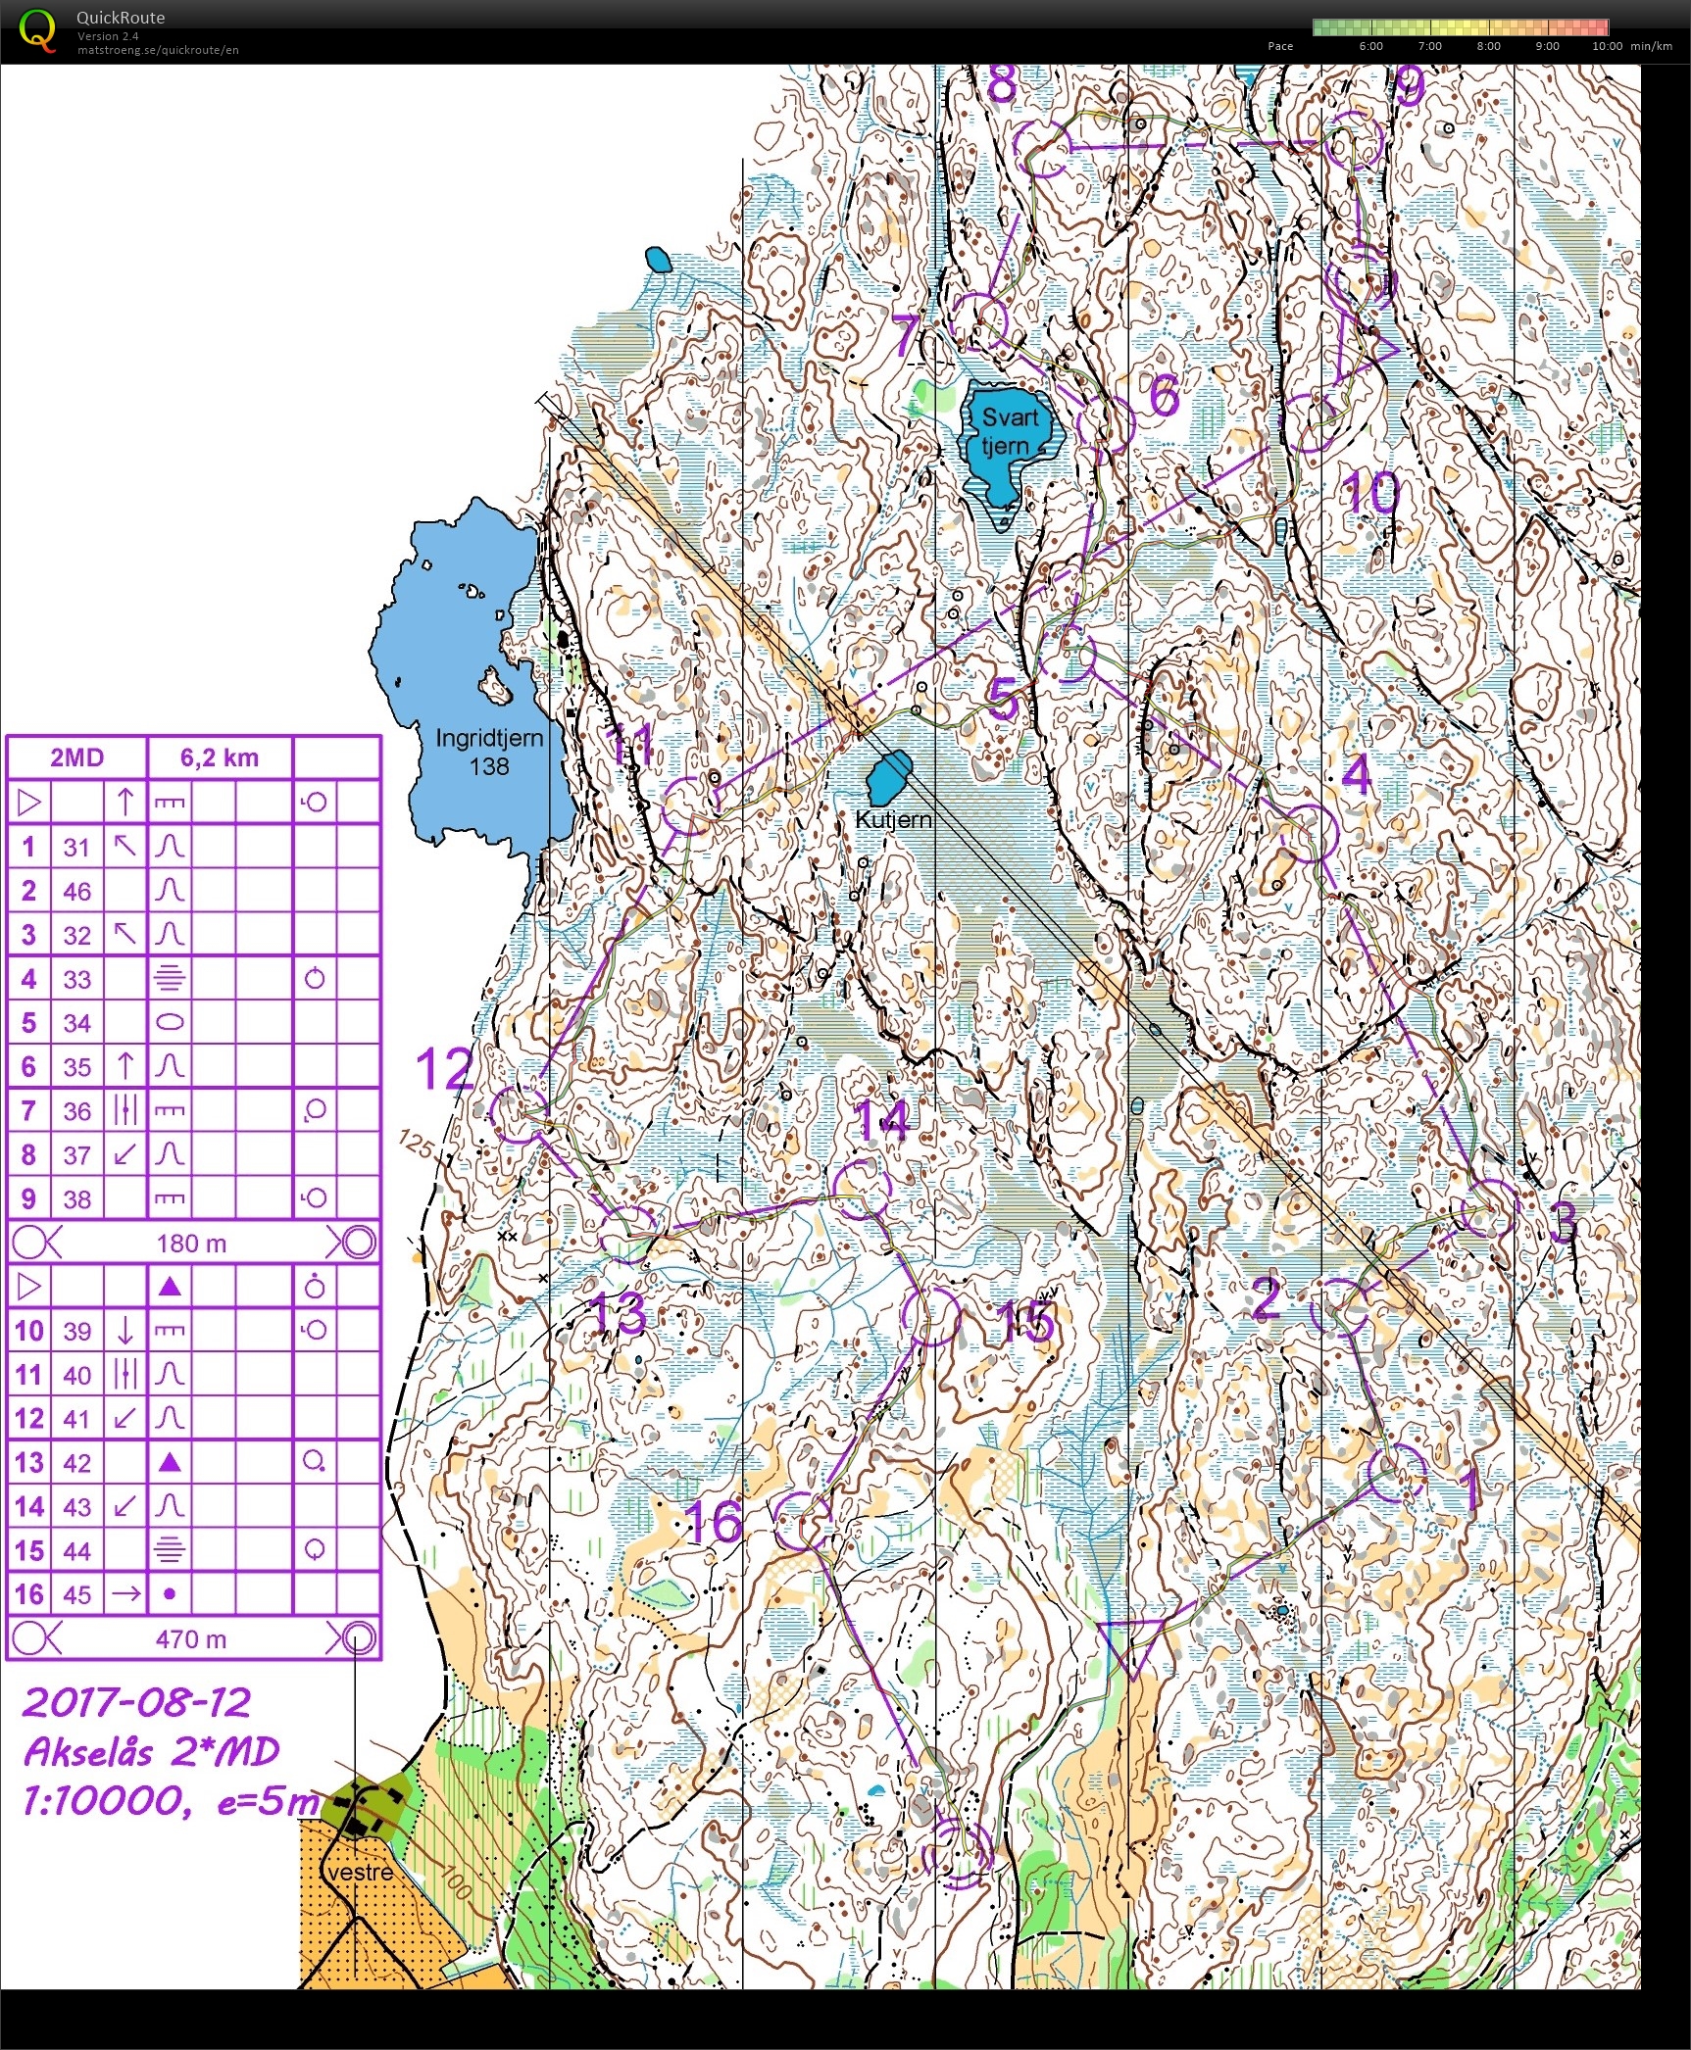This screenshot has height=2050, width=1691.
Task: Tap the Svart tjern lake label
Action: [x=1009, y=431]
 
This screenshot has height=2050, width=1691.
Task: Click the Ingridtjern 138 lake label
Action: [x=488, y=752]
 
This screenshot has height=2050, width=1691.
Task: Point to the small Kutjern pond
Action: [x=889, y=777]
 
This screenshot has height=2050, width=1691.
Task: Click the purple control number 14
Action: [x=881, y=1120]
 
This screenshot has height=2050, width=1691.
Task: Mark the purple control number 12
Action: [x=443, y=1068]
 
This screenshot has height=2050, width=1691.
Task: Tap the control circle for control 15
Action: [x=932, y=1317]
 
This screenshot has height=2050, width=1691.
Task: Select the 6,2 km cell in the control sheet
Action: [x=219, y=757]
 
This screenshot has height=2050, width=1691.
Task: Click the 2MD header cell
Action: [x=76, y=757]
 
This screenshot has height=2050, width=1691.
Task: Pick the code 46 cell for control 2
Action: [x=76, y=891]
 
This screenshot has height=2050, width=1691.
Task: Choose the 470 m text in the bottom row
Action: [x=191, y=1639]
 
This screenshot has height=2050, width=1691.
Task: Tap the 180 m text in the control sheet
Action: [x=191, y=1244]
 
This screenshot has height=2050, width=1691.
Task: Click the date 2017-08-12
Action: [x=137, y=1702]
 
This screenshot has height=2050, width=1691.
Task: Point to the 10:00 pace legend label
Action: [x=1606, y=46]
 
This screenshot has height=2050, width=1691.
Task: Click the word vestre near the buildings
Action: [x=361, y=1873]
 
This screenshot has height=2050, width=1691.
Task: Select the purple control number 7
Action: [x=905, y=336]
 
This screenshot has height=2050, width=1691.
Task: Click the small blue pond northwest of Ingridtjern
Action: [x=659, y=260]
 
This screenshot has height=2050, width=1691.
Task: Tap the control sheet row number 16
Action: [x=28, y=1594]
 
